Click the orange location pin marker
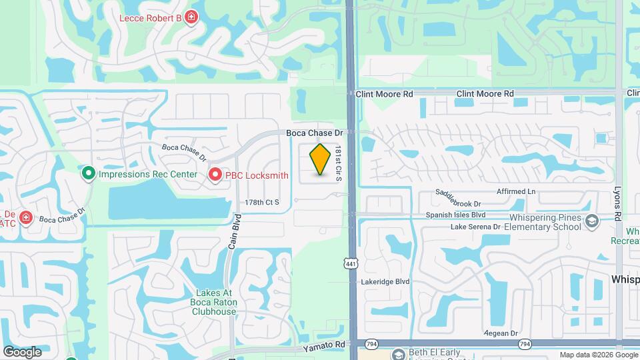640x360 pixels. tap(321, 159)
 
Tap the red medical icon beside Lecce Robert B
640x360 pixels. tap(191, 17)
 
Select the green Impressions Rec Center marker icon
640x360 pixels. tap(88, 174)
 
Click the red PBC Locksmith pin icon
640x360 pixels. tap(215, 175)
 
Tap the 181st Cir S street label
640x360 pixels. tap(339, 165)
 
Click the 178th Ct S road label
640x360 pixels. tap(262, 202)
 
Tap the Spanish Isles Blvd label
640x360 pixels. tap(456, 215)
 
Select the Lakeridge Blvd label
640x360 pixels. tap(385, 282)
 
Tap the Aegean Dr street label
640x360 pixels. tap(505, 333)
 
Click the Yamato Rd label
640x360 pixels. tap(324, 346)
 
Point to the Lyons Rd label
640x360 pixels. tap(618, 203)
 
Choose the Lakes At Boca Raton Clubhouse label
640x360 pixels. tap(214, 302)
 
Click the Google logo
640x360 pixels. tap(22, 352)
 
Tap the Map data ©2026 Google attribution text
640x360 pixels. tap(598, 355)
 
